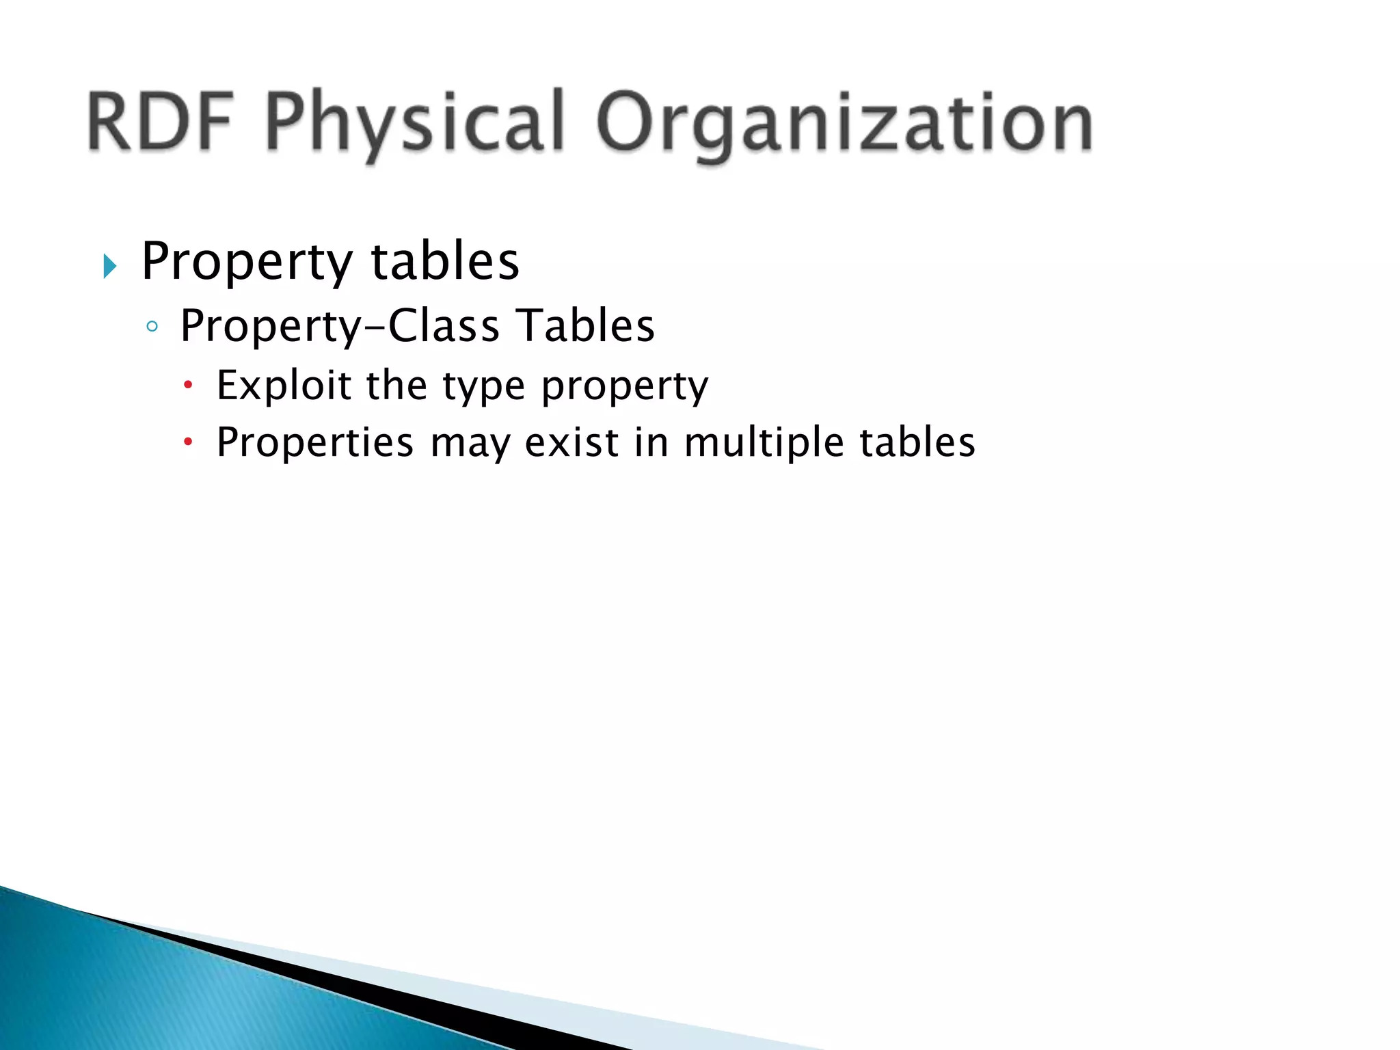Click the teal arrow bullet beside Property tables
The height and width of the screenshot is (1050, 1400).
pos(110,266)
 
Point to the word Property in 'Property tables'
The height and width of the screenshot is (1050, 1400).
pos(247,262)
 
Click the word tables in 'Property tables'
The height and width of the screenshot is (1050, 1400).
pos(445,261)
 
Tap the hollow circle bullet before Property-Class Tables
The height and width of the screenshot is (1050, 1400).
pos(152,327)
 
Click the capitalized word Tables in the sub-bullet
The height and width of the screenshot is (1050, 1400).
pos(585,325)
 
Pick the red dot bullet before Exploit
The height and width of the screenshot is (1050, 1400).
pos(189,386)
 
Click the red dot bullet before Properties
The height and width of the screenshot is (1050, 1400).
pos(189,443)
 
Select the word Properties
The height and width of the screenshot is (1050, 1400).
pos(315,443)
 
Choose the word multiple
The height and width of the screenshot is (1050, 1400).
pos(764,443)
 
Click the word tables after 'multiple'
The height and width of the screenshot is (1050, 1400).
pos(917,442)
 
